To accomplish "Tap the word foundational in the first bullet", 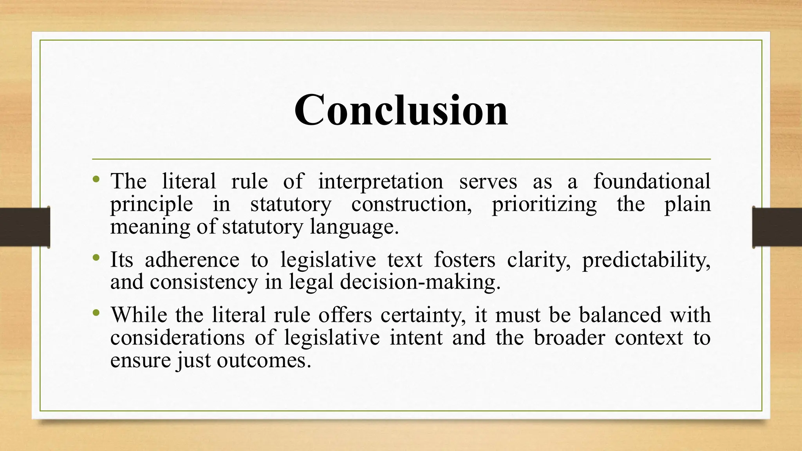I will pos(652,181).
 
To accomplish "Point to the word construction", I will pos(411,204).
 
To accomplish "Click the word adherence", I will pos(192,260).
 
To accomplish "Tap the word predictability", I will pos(646,260).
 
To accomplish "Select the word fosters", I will pos(464,260).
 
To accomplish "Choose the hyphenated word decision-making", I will pos(420,282).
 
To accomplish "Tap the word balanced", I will pos(620,315).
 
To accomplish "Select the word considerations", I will pos(177,337).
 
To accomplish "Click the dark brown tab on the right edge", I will pos(777,227).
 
